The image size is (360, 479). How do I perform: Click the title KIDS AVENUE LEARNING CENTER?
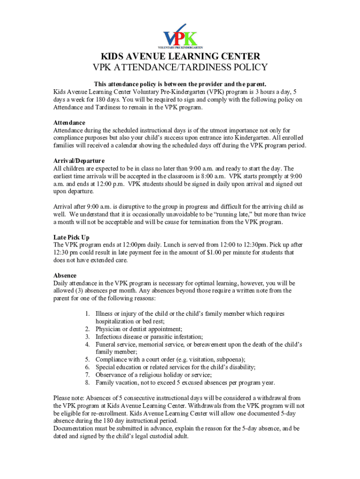click(x=180, y=57)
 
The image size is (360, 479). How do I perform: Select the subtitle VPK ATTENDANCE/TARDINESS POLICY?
click(x=180, y=68)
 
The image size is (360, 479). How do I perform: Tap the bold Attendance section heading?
click(x=69, y=123)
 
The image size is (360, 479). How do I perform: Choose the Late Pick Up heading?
click(x=71, y=237)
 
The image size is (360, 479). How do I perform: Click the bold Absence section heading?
click(x=65, y=276)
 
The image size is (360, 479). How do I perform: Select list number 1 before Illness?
click(x=87, y=314)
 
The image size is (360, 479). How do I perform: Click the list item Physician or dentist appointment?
click(x=139, y=329)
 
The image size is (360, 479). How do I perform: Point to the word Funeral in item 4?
click(x=107, y=344)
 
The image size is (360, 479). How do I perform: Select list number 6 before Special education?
click(x=87, y=367)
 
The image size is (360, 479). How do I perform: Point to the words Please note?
click(x=69, y=398)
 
